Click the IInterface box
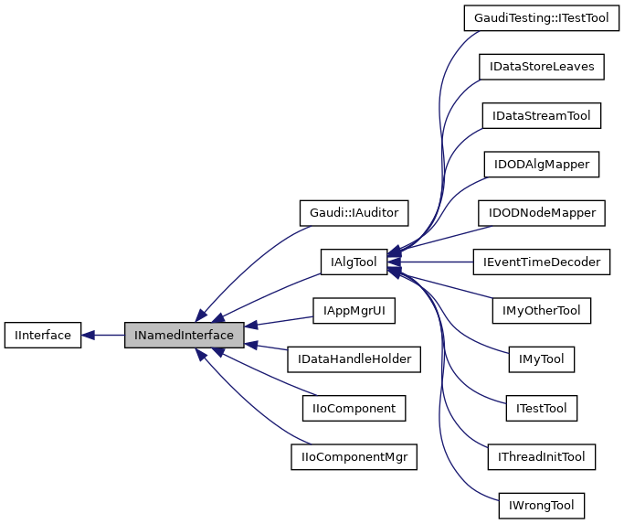(x=43, y=336)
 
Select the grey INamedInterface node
(x=184, y=336)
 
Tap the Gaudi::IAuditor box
(x=354, y=213)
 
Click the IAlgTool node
(x=354, y=262)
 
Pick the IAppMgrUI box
(x=354, y=311)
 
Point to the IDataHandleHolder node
(x=354, y=359)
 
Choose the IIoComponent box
(x=354, y=408)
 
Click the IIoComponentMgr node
(x=354, y=456)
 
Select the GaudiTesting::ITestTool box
(x=541, y=17)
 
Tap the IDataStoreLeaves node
(x=541, y=67)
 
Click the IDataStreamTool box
(x=541, y=116)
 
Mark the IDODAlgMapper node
(x=541, y=165)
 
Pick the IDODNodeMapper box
(x=541, y=213)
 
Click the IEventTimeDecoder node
(x=541, y=262)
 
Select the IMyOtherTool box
(x=541, y=311)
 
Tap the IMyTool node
(x=541, y=359)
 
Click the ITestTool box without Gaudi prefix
(x=541, y=408)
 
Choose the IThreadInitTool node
(x=541, y=456)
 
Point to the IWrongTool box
(x=541, y=505)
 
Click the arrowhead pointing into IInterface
(x=89, y=336)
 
